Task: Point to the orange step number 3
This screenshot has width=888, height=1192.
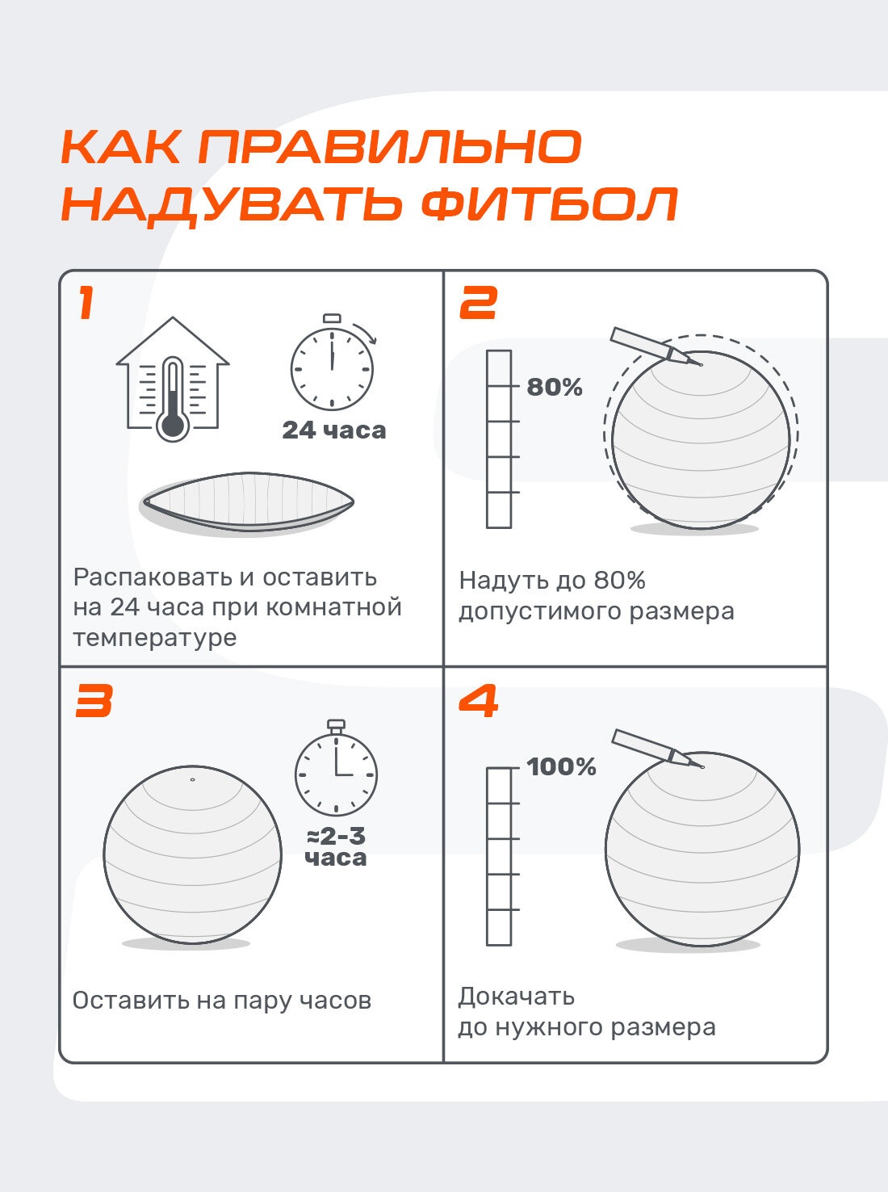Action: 94,700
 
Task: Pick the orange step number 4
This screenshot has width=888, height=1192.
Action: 478,700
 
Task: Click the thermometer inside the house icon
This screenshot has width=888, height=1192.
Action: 173,399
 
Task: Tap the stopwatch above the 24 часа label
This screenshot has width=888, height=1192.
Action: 332,362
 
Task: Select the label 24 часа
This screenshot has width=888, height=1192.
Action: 334,430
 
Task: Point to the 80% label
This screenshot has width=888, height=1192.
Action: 554,387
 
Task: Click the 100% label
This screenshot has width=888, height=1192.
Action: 561,766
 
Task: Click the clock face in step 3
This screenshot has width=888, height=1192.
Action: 336,774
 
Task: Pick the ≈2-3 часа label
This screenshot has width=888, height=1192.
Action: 336,847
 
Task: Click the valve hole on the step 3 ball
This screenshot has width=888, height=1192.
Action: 193,780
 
